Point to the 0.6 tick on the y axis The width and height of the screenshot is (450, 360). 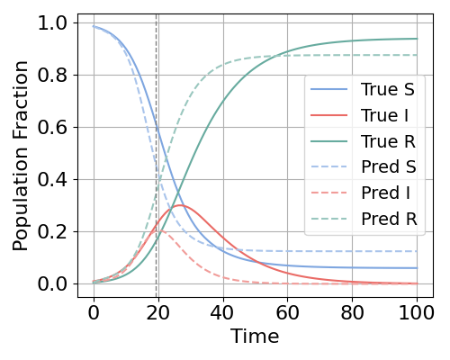click(58, 127)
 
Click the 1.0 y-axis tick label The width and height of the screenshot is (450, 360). click(58, 22)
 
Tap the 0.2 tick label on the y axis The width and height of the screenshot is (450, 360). click(58, 231)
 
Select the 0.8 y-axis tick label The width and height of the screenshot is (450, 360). click(58, 75)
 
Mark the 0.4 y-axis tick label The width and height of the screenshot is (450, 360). click(58, 179)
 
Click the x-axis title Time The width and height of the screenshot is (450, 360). click(255, 337)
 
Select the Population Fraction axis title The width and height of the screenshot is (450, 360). click(22, 155)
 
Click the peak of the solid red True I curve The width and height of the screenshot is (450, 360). click(181, 205)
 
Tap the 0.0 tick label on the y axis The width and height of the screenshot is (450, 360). click(58, 283)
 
